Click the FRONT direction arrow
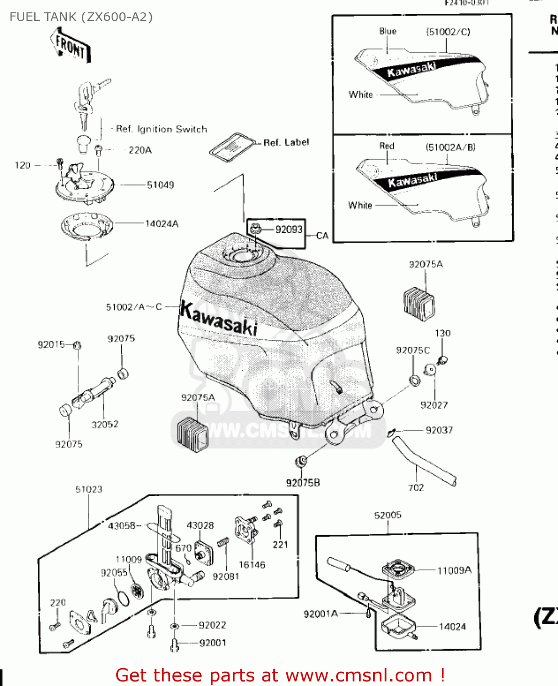tap(71, 46)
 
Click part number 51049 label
tap(160, 185)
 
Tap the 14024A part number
tap(162, 224)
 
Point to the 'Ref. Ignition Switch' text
tap(161, 129)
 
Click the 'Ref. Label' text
tap(286, 143)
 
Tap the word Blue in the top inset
tap(387, 32)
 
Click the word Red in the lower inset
tap(386, 146)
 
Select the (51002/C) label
tap(448, 32)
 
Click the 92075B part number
tap(303, 483)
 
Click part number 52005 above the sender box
tap(388, 515)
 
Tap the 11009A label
tap(454, 570)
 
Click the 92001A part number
tap(321, 614)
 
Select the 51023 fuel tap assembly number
tap(89, 489)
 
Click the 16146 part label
tap(252, 565)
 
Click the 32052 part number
tap(105, 424)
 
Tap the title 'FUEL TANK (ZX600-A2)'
tap(81, 17)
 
